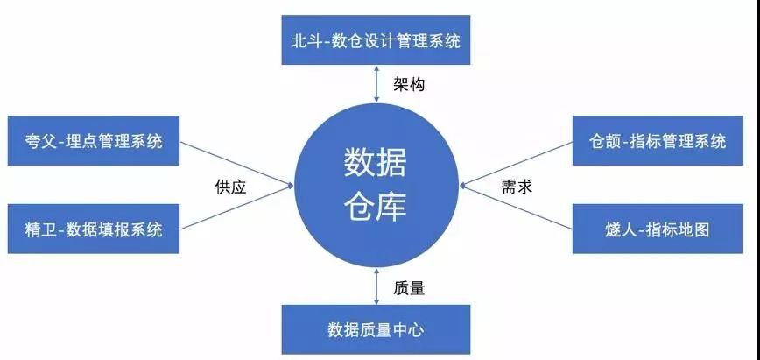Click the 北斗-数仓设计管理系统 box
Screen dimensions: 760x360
pyautogui.click(x=376, y=39)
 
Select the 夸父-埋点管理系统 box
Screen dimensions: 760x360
pyautogui.click(x=94, y=141)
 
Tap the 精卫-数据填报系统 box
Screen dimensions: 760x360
pyautogui.click(x=94, y=229)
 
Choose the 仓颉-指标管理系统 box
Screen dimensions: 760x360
pyautogui.click(x=658, y=141)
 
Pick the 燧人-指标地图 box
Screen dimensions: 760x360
pyautogui.click(x=658, y=229)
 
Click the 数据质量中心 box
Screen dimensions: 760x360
pyautogui.click(x=376, y=329)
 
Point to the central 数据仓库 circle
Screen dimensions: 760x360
pyautogui.click(x=376, y=185)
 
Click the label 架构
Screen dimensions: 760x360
pyautogui.click(x=409, y=84)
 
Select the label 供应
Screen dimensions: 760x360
pyautogui.click(x=231, y=187)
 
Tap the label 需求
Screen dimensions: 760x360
pyautogui.click(x=517, y=187)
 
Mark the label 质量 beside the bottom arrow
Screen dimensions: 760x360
pyautogui.click(x=409, y=288)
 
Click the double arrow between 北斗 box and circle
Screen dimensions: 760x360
pyautogui.click(x=376, y=83)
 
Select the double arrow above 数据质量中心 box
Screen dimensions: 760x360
pyautogui.click(x=376, y=286)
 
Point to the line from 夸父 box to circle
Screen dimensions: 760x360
pyautogui.click(x=237, y=163)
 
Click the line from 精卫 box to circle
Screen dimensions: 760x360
pyautogui.click(x=237, y=207)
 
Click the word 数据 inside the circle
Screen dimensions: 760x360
pyautogui.click(x=376, y=163)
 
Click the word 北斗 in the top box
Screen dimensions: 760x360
pyautogui.click(x=305, y=41)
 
